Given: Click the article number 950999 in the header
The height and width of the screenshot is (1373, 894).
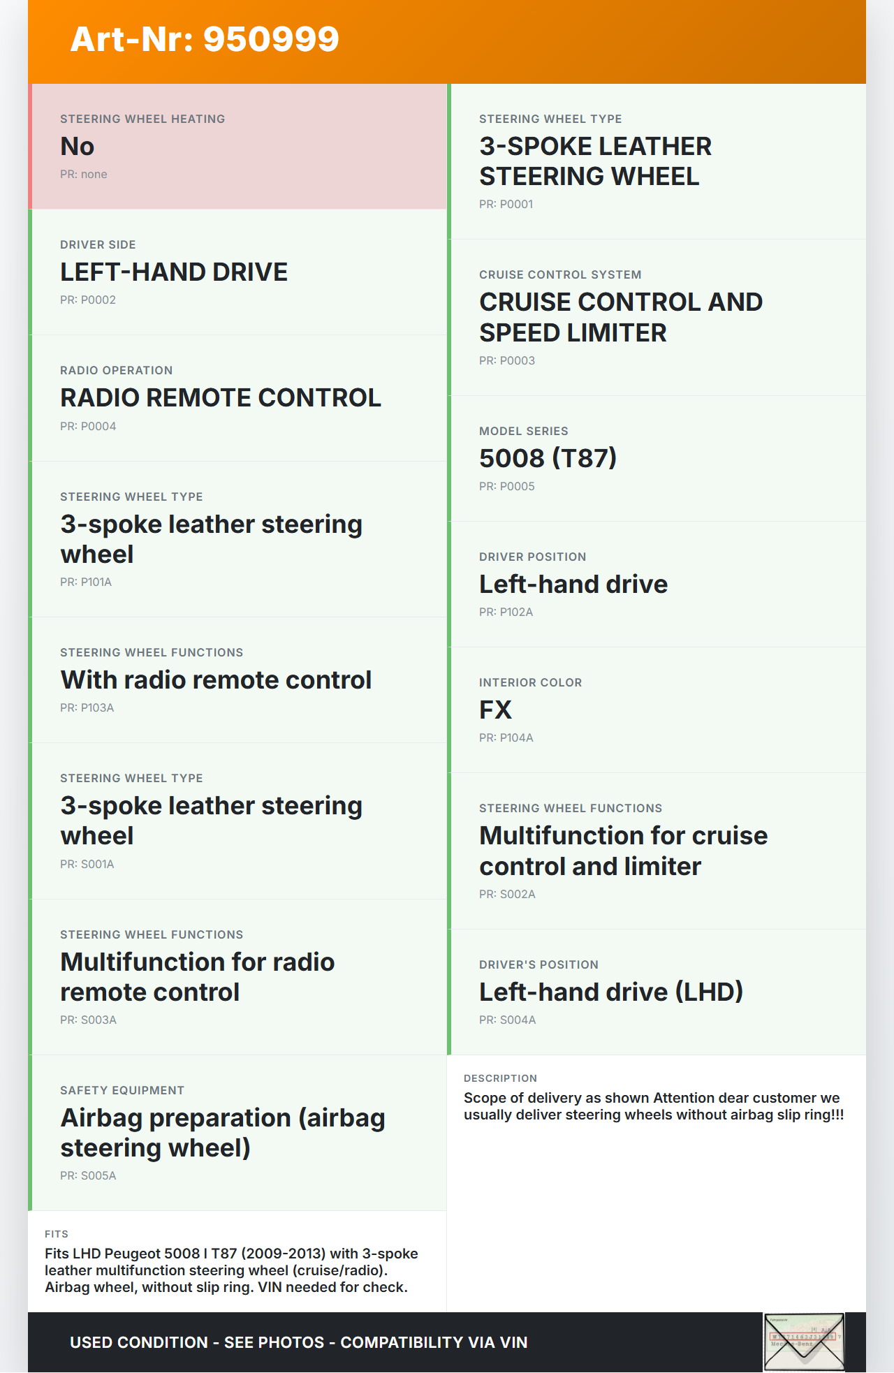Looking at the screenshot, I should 271,40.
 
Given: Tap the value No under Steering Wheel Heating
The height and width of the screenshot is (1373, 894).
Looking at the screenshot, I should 77,147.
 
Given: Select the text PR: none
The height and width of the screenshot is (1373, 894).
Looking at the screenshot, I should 84,175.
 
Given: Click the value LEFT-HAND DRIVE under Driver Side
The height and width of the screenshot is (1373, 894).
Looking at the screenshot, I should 174,272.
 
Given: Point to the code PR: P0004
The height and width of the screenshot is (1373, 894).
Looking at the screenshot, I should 88,426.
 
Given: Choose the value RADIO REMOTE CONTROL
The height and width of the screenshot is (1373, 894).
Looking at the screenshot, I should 221,398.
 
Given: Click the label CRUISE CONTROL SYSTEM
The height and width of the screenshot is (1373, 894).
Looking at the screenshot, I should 560,275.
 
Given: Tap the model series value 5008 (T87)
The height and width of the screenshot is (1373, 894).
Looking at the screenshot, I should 548,459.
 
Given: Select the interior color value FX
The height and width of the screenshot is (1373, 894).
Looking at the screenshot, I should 495,710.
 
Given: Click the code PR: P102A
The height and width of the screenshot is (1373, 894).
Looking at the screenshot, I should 506,612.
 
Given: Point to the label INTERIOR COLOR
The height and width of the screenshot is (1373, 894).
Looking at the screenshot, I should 530,683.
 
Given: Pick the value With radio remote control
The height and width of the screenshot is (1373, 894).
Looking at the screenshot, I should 216,680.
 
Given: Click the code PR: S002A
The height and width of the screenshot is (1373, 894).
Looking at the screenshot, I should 507,895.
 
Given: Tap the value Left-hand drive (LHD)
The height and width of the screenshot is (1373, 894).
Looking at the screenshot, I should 611,992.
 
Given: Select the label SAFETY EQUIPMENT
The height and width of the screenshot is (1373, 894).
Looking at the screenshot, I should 122,1091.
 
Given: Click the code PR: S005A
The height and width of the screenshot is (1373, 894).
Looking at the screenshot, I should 88,1176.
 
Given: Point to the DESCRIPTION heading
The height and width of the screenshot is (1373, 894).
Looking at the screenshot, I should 500,1079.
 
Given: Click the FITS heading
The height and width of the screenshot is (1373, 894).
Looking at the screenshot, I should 57,1235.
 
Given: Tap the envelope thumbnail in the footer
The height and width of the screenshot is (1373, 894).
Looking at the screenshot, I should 804,1342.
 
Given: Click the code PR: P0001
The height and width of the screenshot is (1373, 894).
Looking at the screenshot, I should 506,205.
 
